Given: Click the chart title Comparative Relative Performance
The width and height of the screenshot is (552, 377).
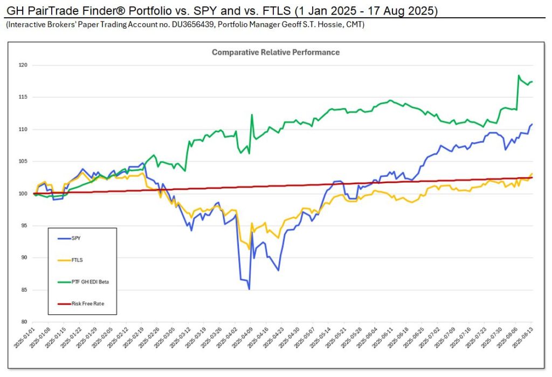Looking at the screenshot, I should pos(275,52).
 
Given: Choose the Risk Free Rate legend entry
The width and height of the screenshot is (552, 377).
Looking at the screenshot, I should pos(87,304).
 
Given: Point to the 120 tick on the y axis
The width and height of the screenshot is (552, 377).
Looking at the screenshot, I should pos(23,65).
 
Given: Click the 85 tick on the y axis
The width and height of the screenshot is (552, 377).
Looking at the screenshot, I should pos(24,290).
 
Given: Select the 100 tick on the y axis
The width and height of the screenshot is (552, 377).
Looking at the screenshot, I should pos(23,193).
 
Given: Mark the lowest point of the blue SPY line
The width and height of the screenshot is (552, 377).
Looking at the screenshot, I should pos(249,290).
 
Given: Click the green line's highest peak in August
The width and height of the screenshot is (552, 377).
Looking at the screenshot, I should pos(518,76).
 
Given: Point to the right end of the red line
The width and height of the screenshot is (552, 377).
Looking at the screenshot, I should pos(533,177).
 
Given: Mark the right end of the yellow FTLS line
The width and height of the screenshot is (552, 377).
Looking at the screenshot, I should pos(533,173).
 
